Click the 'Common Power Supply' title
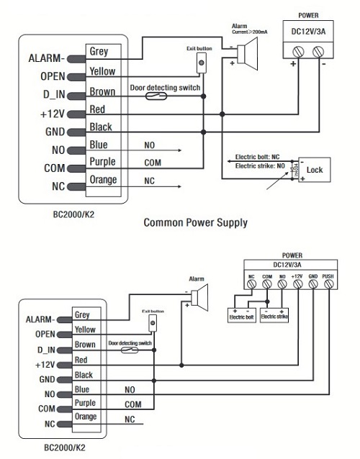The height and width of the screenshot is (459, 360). tap(195, 223)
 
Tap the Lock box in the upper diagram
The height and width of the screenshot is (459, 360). tap(315, 170)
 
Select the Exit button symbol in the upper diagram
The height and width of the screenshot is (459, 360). tap(201, 63)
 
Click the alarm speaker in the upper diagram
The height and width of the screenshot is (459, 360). tap(248, 54)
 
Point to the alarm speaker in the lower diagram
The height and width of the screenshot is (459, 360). tap(199, 297)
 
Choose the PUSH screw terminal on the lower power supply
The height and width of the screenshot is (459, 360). tap(328, 283)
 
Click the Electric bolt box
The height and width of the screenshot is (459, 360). tap(242, 315)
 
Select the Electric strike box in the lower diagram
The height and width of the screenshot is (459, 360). tap(274, 315)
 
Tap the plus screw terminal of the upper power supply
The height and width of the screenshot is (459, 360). tap(298, 52)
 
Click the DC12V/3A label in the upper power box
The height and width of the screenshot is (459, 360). tap(308, 32)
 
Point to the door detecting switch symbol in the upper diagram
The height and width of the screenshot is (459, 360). tap(156, 96)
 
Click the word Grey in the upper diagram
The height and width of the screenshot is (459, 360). tap(99, 52)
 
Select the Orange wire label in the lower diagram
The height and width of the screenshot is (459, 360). tap(86, 417)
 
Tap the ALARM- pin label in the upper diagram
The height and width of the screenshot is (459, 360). tap(46, 58)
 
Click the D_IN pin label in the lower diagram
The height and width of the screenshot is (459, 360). tap(46, 350)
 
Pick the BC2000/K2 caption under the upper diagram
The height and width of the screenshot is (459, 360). tap(73, 214)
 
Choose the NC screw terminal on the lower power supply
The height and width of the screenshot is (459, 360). tap(251, 283)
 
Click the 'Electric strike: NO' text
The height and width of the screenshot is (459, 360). tap(260, 166)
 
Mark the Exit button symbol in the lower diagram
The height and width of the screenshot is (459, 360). tap(153, 324)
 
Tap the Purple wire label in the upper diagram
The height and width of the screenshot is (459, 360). tap(102, 162)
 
